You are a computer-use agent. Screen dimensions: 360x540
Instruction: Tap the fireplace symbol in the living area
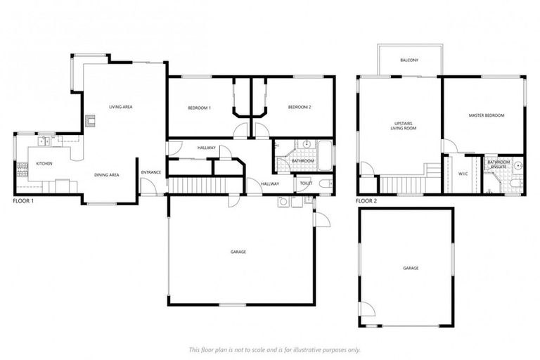[x=89, y=121]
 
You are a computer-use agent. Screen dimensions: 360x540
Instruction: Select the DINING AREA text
[x=107, y=174]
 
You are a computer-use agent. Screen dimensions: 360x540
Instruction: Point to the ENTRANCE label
[x=151, y=172]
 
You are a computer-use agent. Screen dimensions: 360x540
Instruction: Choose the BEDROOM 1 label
[x=199, y=108]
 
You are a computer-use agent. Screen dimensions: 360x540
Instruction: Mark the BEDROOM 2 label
[x=300, y=108]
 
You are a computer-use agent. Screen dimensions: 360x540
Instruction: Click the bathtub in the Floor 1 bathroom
[x=325, y=154]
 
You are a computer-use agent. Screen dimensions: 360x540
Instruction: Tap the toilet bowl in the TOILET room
[x=325, y=184]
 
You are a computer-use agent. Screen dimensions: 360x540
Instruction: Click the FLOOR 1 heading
[x=24, y=201]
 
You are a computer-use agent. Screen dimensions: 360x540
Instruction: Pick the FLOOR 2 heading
[x=366, y=201]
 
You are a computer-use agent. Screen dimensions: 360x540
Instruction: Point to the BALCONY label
[x=409, y=60]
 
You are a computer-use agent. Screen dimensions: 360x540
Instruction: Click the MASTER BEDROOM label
[x=487, y=115]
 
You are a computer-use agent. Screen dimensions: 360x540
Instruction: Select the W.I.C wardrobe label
[x=463, y=174]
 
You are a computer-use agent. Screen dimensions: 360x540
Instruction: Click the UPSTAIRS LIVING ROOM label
[x=404, y=126]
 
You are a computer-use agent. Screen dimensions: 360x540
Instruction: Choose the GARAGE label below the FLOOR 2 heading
[x=411, y=268]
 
